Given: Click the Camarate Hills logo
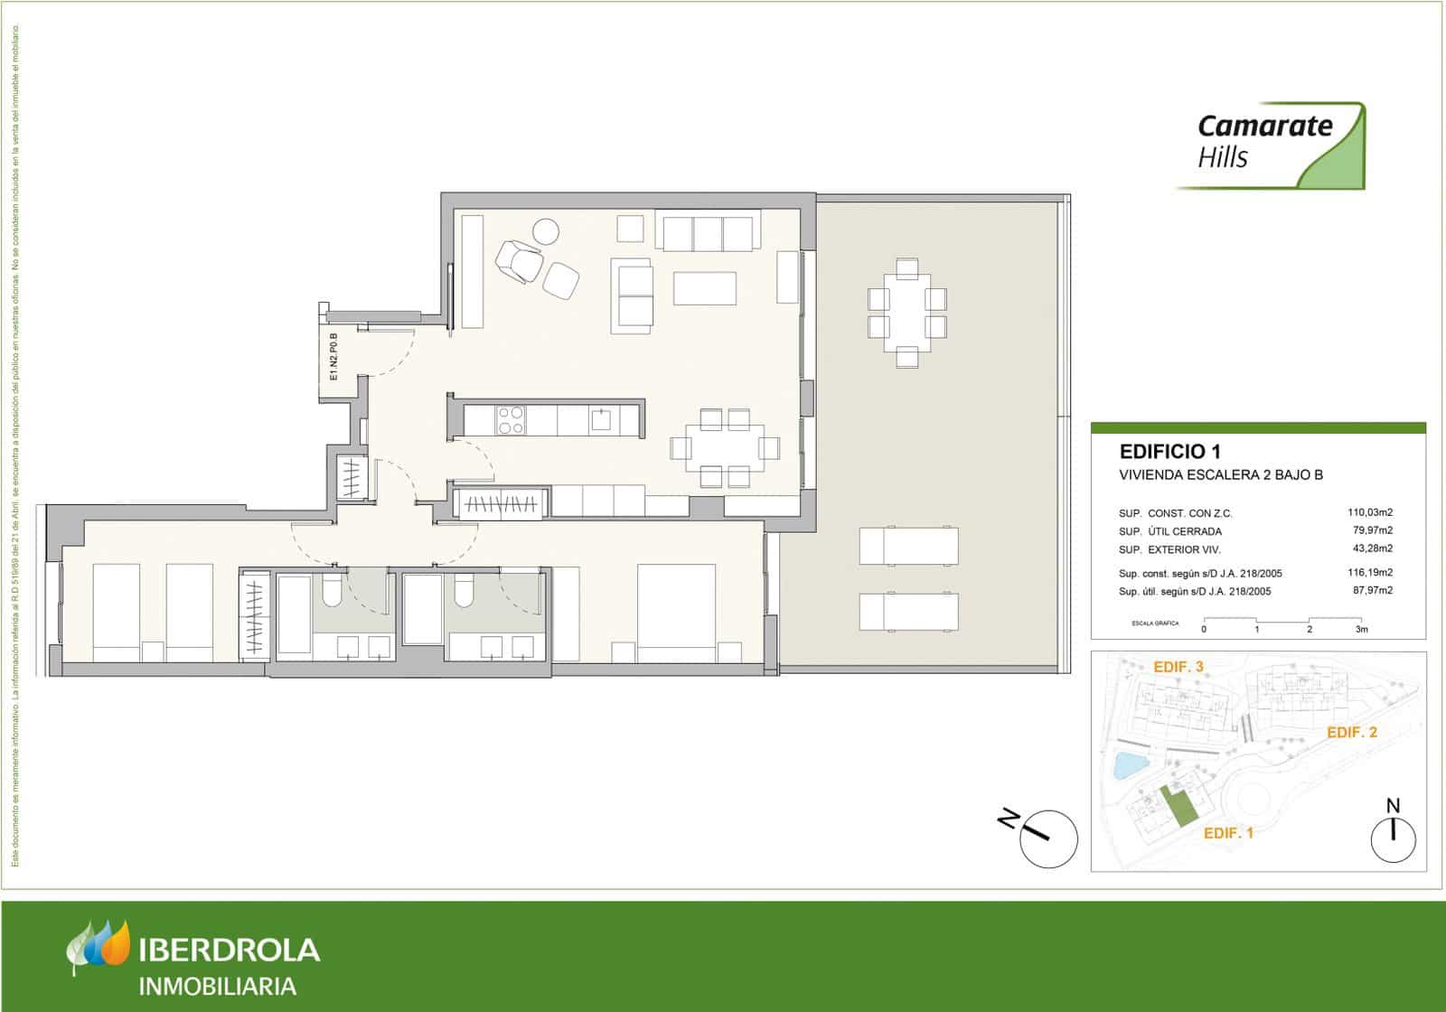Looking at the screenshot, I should pos(1270,145).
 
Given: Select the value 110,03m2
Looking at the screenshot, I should pos(1370,512).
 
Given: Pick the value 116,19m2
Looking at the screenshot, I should pos(1370,573).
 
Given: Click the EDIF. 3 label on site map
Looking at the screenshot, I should pos(1178,667).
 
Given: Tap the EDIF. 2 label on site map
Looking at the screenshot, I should pos(1351,733).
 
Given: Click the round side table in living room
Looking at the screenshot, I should pos(546,232).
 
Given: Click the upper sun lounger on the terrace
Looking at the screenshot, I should pos(907,545).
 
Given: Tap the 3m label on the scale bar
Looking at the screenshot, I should pos(1362,629).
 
